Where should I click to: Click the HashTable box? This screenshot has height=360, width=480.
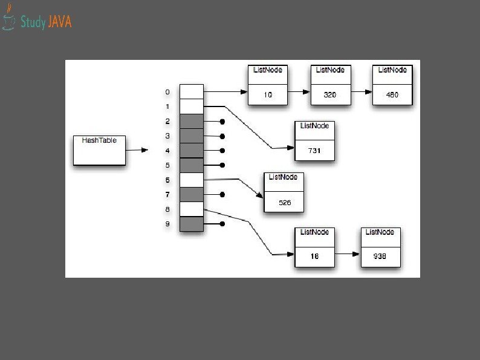pyautogui.click(x=99, y=149)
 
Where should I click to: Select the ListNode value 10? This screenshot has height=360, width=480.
pyautogui.click(x=268, y=94)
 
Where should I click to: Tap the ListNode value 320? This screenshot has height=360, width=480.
pyautogui.click(x=330, y=94)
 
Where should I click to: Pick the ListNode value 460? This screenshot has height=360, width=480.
pyautogui.click(x=392, y=94)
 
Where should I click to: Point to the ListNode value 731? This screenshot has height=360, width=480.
pyautogui.click(x=314, y=149)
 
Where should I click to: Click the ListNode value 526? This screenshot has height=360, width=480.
pyautogui.click(x=284, y=202)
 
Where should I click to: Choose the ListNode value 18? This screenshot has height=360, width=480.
pyautogui.click(x=314, y=256)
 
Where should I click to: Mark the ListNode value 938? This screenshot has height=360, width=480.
pyautogui.click(x=380, y=256)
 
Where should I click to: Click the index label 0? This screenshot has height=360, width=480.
pyautogui.click(x=167, y=92)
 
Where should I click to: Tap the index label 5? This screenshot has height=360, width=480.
pyautogui.click(x=167, y=165)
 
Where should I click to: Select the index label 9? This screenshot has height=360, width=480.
pyautogui.click(x=167, y=224)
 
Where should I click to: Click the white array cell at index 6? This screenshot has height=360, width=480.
pyautogui.click(x=192, y=180)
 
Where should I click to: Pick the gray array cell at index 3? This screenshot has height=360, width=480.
pyautogui.click(x=192, y=136)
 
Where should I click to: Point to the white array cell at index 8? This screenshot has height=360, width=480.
pyautogui.click(x=192, y=209)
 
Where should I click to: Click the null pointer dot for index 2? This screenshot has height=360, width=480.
pyautogui.click(x=222, y=122)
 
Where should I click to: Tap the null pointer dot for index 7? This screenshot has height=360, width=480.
pyautogui.click(x=222, y=195)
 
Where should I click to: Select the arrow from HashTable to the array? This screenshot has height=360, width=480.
pyautogui.click(x=137, y=149)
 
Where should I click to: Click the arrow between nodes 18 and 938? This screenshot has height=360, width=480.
pyautogui.click(x=347, y=254)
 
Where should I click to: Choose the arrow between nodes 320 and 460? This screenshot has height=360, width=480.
pyautogui.click(x=361, y=92)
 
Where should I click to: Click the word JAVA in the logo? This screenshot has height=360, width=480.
pyautogui.click(x=59, y=22)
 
